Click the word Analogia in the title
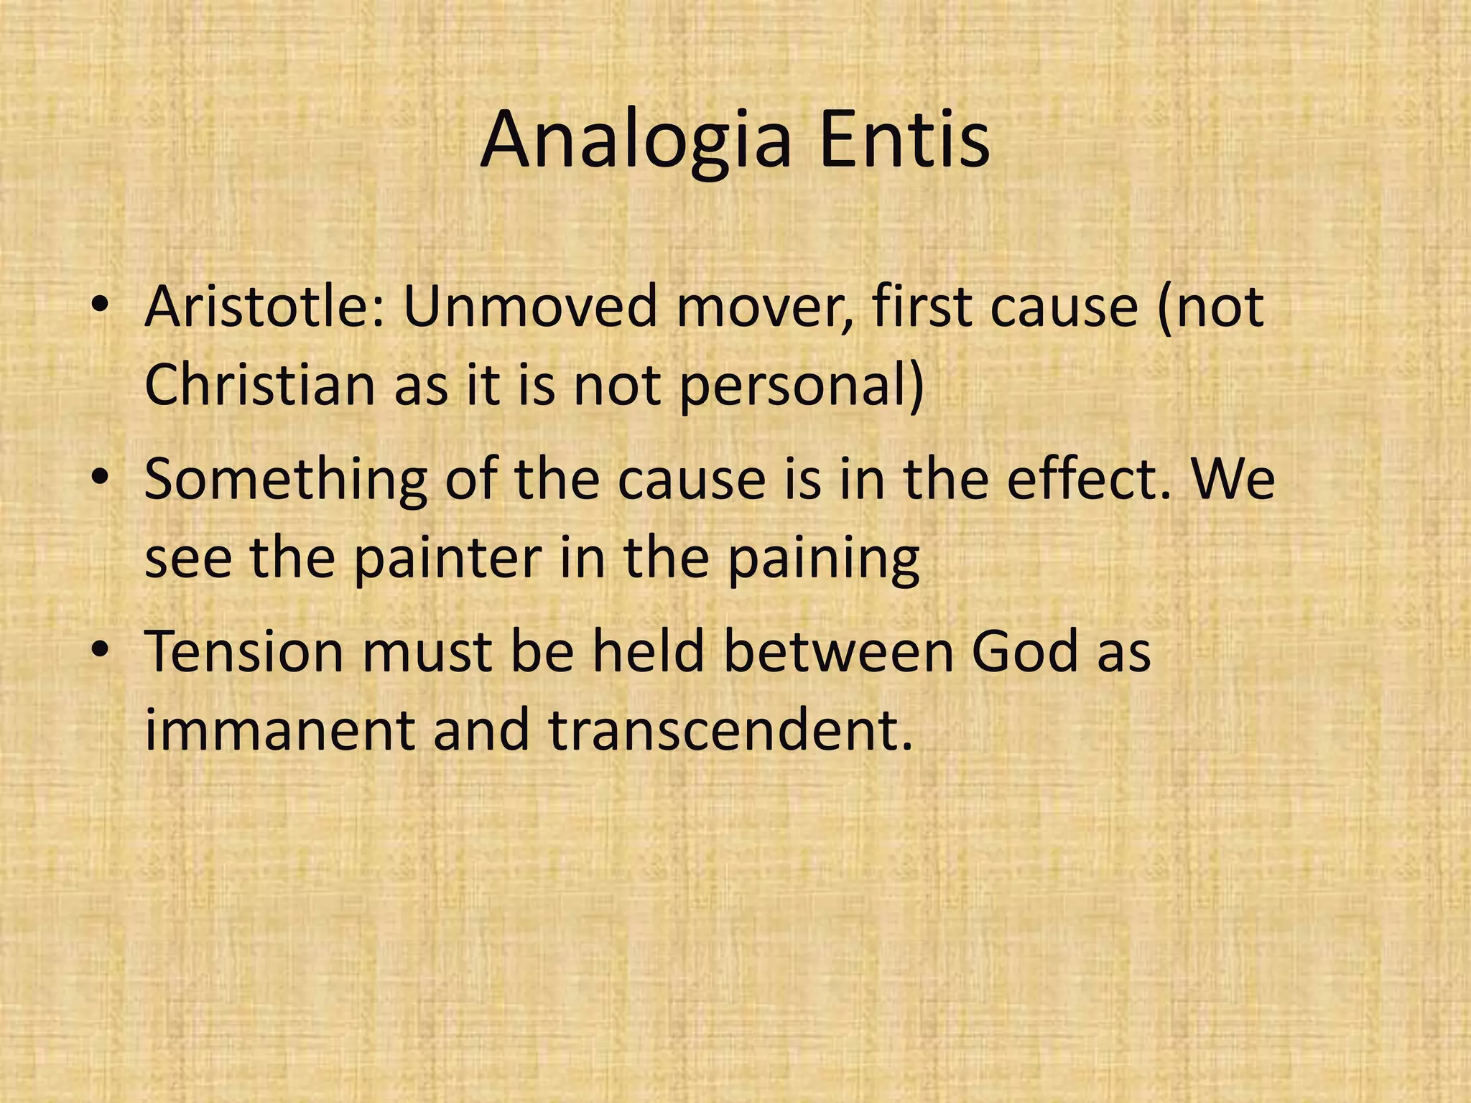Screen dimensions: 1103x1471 click(x=636, y=141)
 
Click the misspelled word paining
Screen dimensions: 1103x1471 click(x=822, y=559)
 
